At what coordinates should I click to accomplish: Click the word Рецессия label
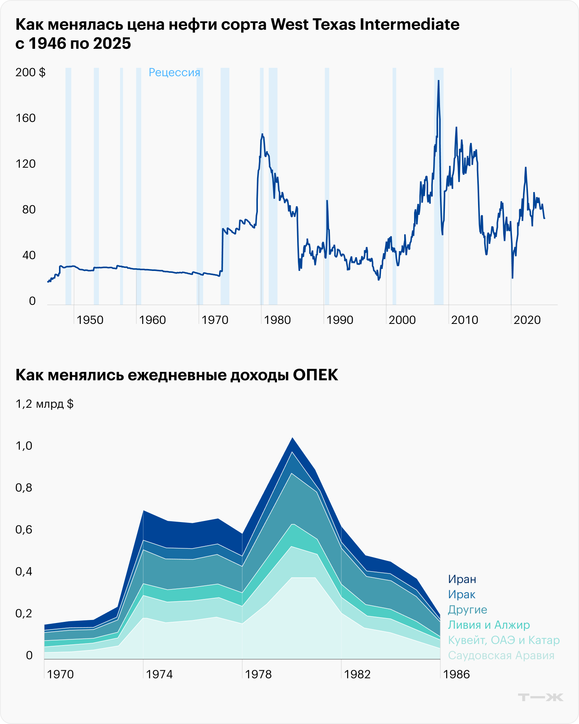(x=174, y=72)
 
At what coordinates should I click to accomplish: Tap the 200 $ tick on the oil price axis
(x=30, y=72)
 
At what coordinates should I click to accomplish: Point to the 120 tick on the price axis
(x=26, y=164)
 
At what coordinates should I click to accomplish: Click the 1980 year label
(x=277, y=320)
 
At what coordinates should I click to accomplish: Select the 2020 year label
(x=527, y=320)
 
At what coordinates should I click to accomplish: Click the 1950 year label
(x=90, y=320)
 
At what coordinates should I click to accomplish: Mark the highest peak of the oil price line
(x=438, y=81)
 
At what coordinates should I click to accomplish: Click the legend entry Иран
(x=462, y=579)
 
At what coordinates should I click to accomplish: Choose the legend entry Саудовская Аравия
(x=501, y=655)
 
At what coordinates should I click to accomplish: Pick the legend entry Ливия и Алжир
(x=489, y=625)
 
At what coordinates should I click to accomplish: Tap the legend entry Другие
(x=467, y=610)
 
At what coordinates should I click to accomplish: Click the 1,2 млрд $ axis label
(x=45, y=404)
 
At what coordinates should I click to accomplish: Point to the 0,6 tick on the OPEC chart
(x=24, y=530)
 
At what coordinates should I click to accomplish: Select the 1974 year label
(x=159, y=674)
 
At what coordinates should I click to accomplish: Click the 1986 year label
(x=456, y=674)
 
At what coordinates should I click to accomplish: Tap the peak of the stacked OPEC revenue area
(x=292, y=438)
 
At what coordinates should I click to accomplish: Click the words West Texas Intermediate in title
(x=365, y=25)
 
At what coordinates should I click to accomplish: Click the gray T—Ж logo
(x=540, y=697)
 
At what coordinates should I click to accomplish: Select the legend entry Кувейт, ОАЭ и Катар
(x=504, y=640)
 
